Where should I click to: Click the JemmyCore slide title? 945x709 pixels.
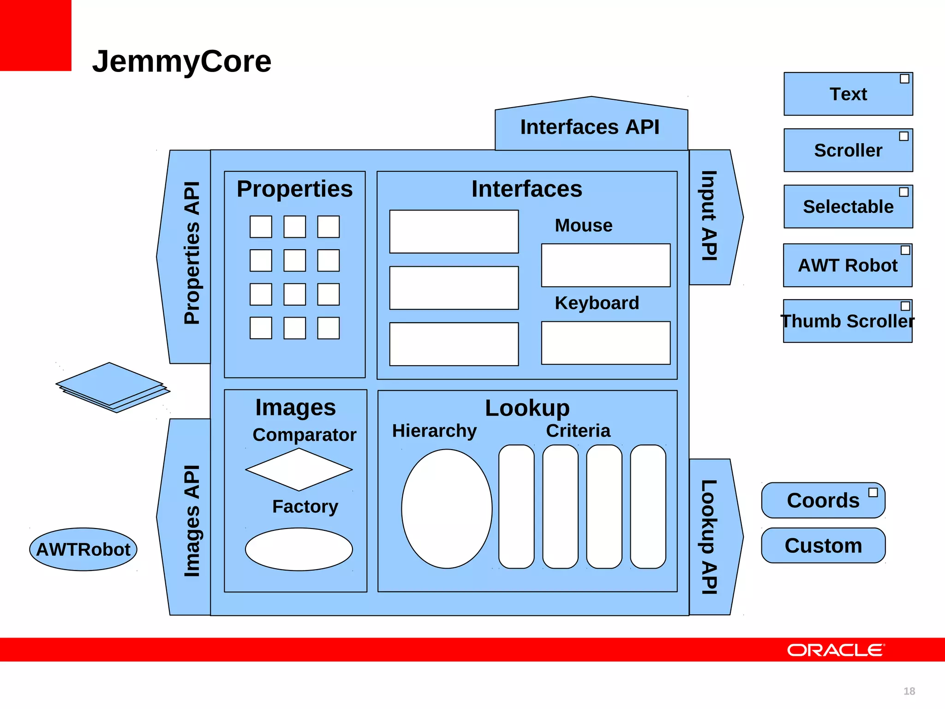pyautogui.click(x=182, y=61)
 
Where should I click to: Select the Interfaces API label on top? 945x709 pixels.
pyautogui.click(x=590, y=127)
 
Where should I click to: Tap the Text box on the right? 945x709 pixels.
pyautogui.click(x=848, y=94)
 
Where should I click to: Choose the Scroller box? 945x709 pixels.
pyautogui.click(x=848, y=150)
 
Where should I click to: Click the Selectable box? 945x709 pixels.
pyautogui.click(x=848, y=207)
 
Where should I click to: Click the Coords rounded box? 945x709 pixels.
pyautogui.click(x=823, y=500)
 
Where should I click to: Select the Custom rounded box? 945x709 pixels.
pyautogui.click(x=823, y=546)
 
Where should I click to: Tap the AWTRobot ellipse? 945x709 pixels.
pyautogui.click(x=83, y=549)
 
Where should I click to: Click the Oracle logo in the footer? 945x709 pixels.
pyautogui.click(x=836, y=650)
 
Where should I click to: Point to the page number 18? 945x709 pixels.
pyautogui.click(x=909, y=691)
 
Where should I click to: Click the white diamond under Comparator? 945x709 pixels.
pyautogui.click(x=299, y=470)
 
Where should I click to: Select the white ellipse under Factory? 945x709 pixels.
pyautogui.click(x=299, y=549)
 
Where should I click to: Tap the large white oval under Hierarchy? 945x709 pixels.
pyautogui.click(x=447, y=509)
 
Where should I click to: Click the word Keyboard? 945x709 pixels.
pyautogui.click(x=597, y=303)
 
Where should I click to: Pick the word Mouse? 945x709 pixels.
pyautogui.click(x=583, y=226)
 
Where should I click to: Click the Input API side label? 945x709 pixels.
pyautogui.click(x=710, y=216)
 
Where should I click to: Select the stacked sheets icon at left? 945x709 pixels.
pyautogui.click(x=113, y=387)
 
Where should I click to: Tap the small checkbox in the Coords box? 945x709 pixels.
pyautogui.click(x=873, y=493)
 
